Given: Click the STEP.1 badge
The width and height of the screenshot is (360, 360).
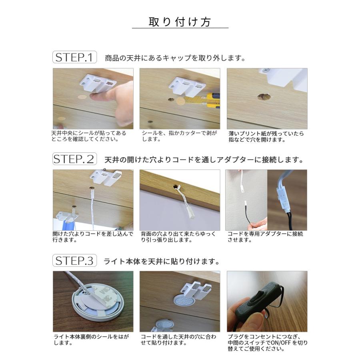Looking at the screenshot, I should click(74, 57).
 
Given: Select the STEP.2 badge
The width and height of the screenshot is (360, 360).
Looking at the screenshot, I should click(74, 159).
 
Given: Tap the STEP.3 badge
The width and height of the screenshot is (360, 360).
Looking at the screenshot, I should click(74, 261).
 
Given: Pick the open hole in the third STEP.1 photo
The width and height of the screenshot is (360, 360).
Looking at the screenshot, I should click(263, 96).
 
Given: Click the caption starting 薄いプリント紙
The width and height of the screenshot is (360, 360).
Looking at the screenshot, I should click(266, 136).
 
